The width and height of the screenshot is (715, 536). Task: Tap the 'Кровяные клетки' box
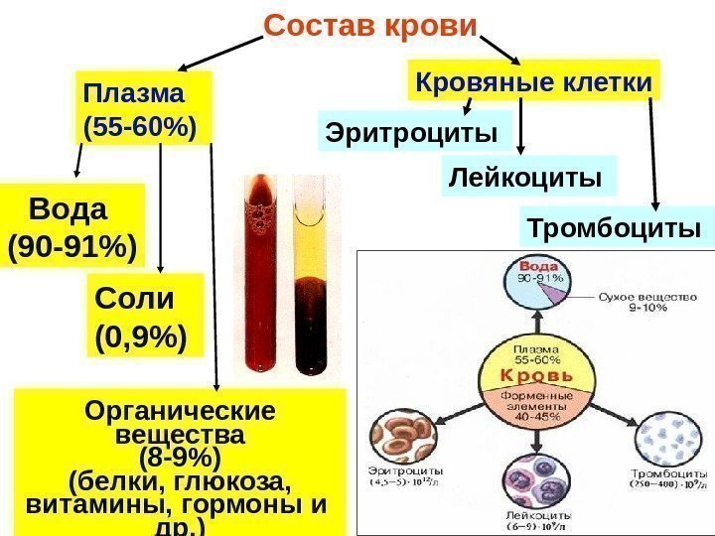pos(534,82)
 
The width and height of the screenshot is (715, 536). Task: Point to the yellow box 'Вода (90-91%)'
pos(71,227)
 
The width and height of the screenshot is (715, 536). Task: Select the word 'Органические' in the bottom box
pos(180,411)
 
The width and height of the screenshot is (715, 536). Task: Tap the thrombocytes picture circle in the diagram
pos(666,437)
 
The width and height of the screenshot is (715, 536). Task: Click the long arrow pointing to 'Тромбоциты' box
pos(653,149)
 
